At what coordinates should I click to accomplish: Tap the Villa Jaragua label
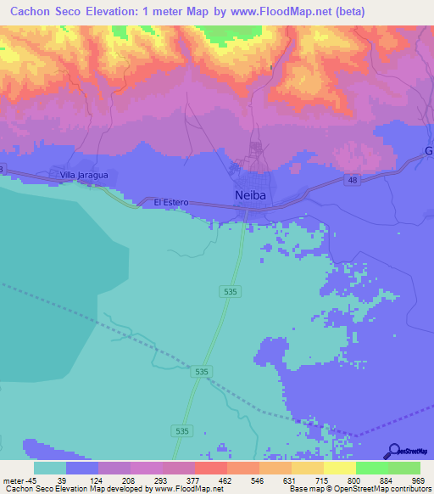[x=84, y=175]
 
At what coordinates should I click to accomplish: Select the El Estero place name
[x=170, y=202]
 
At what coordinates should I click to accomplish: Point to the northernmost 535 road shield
[x=231, y=291]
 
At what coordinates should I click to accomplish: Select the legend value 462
[x=226, y=480]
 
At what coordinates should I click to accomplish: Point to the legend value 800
[x=355, y=480]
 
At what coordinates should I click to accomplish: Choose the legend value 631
[x=291, y=480]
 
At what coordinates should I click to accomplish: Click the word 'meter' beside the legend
[x=13, y=480]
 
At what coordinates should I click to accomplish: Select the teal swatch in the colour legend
[x=50, y=468]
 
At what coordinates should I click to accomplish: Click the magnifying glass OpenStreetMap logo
[x=395, y=451]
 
